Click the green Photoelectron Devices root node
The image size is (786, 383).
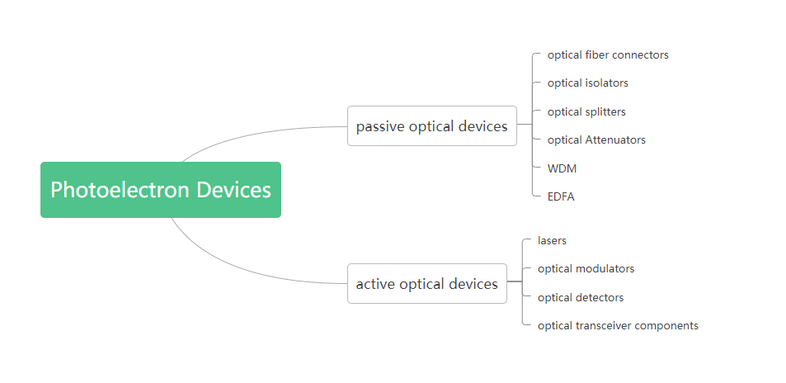(161, 190)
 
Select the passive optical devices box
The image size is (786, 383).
(432, 126)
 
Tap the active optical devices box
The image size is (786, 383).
(427, 284)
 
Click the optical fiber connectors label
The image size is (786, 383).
(608, 55)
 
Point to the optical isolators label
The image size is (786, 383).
(588, 83)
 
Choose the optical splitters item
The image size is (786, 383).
(586, 112)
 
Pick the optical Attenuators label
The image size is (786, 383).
(596, 140)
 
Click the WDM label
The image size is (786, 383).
(562, 168)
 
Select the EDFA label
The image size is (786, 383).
(561, 196)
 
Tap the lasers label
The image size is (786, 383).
(552, 241)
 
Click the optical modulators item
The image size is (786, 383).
(586, 269)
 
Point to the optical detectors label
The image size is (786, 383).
(581, 298)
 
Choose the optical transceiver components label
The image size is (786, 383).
(618, 326)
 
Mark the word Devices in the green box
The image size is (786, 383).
(233, 190)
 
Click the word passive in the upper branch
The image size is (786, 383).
(380, 126)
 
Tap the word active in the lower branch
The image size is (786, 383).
(375, 284)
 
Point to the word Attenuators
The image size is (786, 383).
(615, 140)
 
